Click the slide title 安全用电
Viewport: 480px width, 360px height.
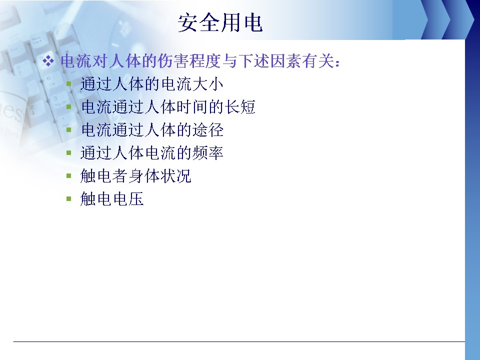[x=220, y=22]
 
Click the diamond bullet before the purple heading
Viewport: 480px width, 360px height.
[x=48, y=61]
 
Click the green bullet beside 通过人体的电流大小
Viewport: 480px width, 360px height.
[x=69, y=83]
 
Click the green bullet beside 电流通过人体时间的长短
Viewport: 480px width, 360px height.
[x=69, y=106]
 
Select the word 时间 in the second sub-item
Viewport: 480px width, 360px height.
[x=192, y=107]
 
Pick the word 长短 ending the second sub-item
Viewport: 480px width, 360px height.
[x=240, y=107]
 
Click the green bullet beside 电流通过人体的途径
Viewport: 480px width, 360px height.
[x=69, y=129]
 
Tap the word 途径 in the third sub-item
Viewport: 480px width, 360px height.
[x=208, y=130]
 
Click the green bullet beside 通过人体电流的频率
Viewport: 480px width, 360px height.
[x=69, y=152]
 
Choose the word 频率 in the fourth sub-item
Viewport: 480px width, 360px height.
[x=208, y=153]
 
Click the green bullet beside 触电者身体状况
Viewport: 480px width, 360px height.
[x=69, y=175]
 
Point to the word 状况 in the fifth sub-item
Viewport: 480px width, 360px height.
[x=176, y=175]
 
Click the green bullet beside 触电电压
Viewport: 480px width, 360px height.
[x=69, y=198]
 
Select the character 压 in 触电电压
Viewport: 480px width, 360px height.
[x=136, y=199]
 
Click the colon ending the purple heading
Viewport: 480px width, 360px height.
[x=337, y=62]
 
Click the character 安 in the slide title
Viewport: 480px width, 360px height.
[x=187, y=22]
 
